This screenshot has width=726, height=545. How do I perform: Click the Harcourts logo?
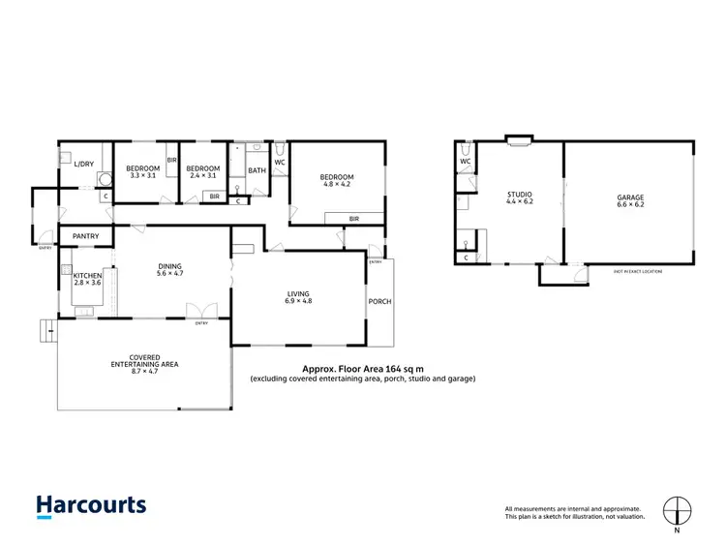(91, 505)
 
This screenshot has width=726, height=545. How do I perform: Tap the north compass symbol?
(677, 510)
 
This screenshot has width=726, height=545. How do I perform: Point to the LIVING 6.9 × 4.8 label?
(298, 297)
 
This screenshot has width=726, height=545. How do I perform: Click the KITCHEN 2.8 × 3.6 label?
(88, 280)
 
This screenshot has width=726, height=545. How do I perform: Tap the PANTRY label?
(85, 235)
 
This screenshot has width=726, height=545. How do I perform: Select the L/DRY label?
(84, 164)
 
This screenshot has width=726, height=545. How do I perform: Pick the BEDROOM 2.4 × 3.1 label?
(204, 171)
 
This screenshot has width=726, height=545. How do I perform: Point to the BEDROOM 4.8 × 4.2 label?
(337, 180)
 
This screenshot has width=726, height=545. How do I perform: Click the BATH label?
(257, 171)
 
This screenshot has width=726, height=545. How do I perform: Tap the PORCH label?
(380, 301)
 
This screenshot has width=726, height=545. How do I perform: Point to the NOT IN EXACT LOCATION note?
(637, 271)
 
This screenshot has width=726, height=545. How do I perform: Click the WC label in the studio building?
(466, 161)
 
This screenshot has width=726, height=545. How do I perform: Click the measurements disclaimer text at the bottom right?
(574, 513)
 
